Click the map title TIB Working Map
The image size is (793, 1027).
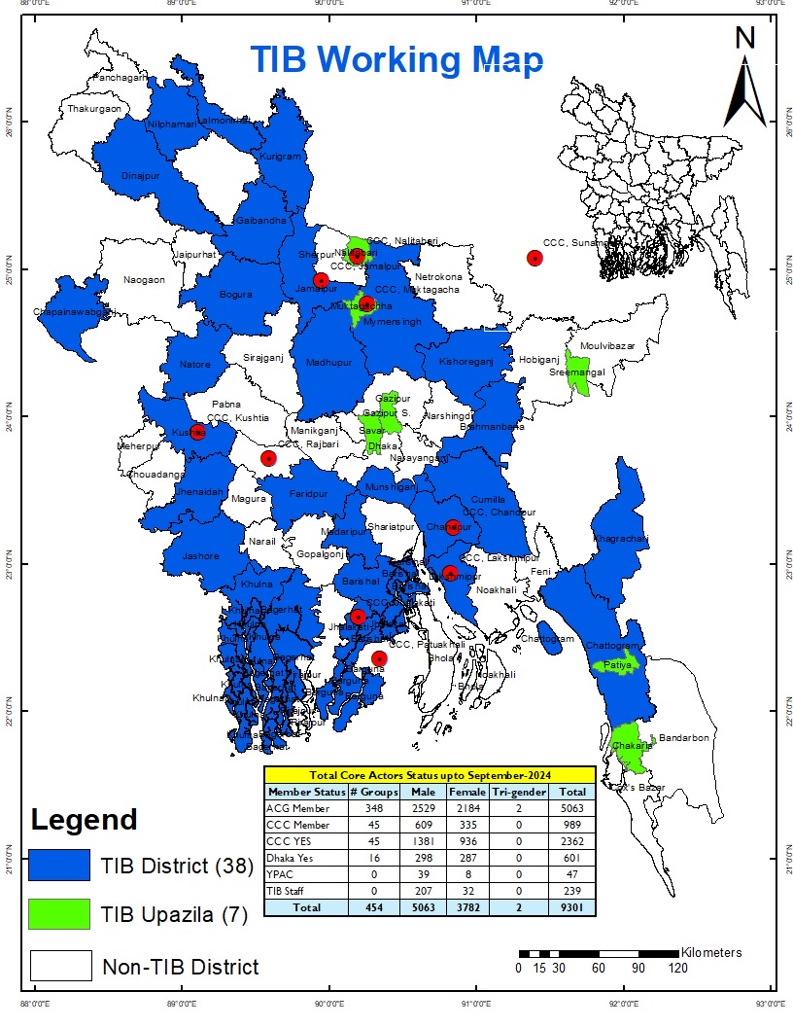coord(396,60)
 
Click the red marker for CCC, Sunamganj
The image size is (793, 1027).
coord(534,258)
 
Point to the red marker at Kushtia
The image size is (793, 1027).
coord(197,431)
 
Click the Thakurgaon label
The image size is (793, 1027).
coord(94,109)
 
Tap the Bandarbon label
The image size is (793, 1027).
coord(684,738)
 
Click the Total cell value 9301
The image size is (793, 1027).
coord(571,907)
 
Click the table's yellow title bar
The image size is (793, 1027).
coord(429,775)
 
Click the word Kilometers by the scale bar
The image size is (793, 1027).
coord(711,952)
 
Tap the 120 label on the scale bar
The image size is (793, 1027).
coord(677,968)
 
